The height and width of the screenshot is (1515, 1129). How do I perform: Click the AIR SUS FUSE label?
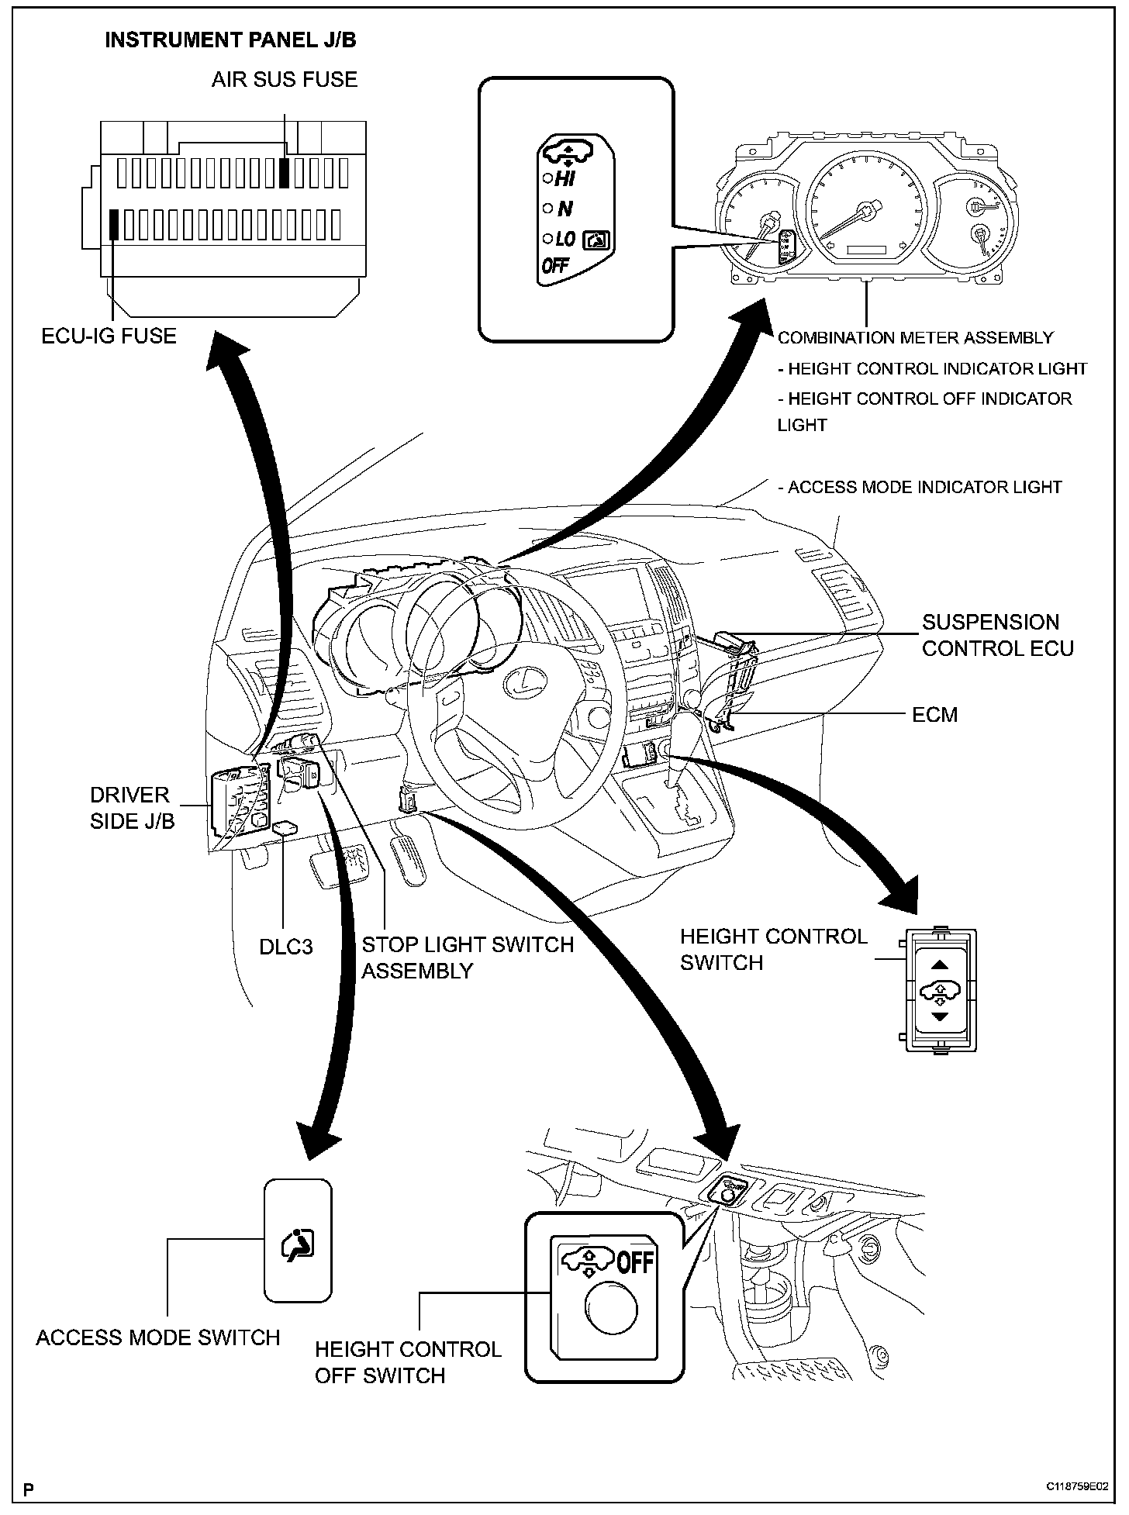coord(285,79)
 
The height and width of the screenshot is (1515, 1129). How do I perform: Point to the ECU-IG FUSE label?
coord(109,336)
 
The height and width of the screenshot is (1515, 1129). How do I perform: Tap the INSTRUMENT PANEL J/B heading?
coord(230,40)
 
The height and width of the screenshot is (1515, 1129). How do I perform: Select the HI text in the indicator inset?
coord(564,179)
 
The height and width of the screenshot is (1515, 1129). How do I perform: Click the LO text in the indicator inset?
coord(565,240)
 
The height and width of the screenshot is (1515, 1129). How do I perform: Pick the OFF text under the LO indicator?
coord(555,266)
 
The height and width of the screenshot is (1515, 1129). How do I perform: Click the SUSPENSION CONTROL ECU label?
coord(997,635)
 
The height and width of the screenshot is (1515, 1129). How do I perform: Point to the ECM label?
coord(934,714)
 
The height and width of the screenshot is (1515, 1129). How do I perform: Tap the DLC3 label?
coord(286,947)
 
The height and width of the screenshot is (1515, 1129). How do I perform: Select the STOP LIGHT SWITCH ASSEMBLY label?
coord(468,958)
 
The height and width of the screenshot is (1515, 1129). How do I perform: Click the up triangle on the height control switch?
coord(940,965)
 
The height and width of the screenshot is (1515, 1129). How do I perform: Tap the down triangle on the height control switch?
coord(940,1016)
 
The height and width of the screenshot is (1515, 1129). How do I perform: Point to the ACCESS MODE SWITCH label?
coord(158,1337)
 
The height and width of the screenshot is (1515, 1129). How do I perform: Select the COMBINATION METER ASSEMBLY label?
coord(915,337)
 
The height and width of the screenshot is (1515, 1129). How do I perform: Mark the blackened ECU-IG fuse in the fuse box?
coord(114,224)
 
